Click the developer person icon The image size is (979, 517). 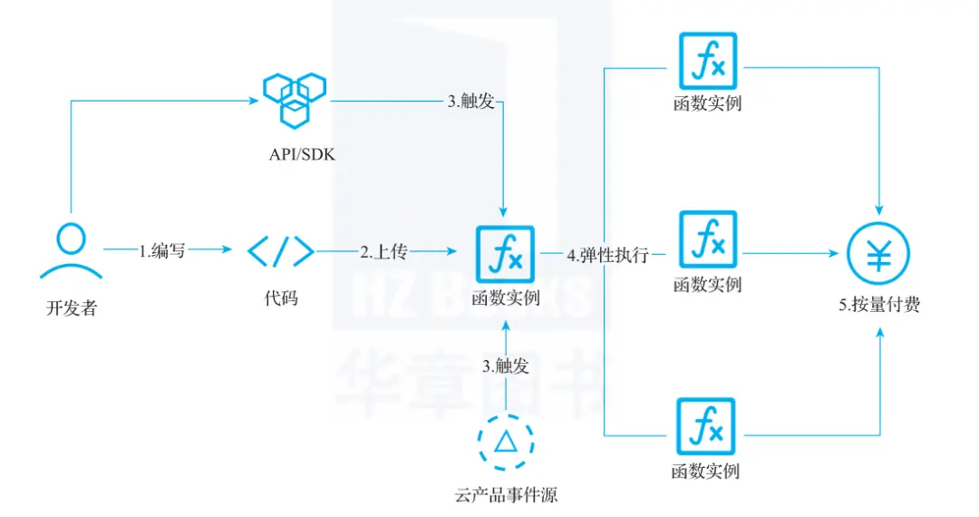(71, 251)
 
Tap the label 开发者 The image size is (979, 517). (71, 307)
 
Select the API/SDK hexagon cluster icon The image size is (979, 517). (295, 98)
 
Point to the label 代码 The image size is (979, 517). (281, 298)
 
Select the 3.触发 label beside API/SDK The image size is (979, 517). (470, 102)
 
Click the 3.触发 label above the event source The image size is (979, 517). (505, 366)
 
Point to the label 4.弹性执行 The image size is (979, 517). (607, 256)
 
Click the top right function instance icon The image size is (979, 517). (708, 62)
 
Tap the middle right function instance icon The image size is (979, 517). (708, 240)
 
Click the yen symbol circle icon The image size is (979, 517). (878, 255)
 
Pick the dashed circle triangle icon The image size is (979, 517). (505, 442)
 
